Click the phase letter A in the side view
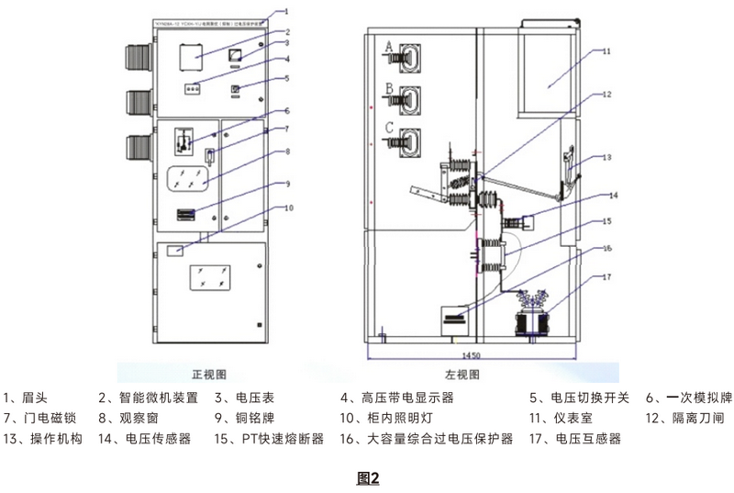[388, 46]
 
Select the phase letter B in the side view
[388, 88]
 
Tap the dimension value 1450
[471, 355]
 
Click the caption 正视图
[208, 375]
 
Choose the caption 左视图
[463, 375]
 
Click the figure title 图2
[367, 478]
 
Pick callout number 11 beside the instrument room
[606, 52]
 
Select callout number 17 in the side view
[606, 276]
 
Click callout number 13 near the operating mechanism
[606, 158]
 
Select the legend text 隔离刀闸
[698, 419]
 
